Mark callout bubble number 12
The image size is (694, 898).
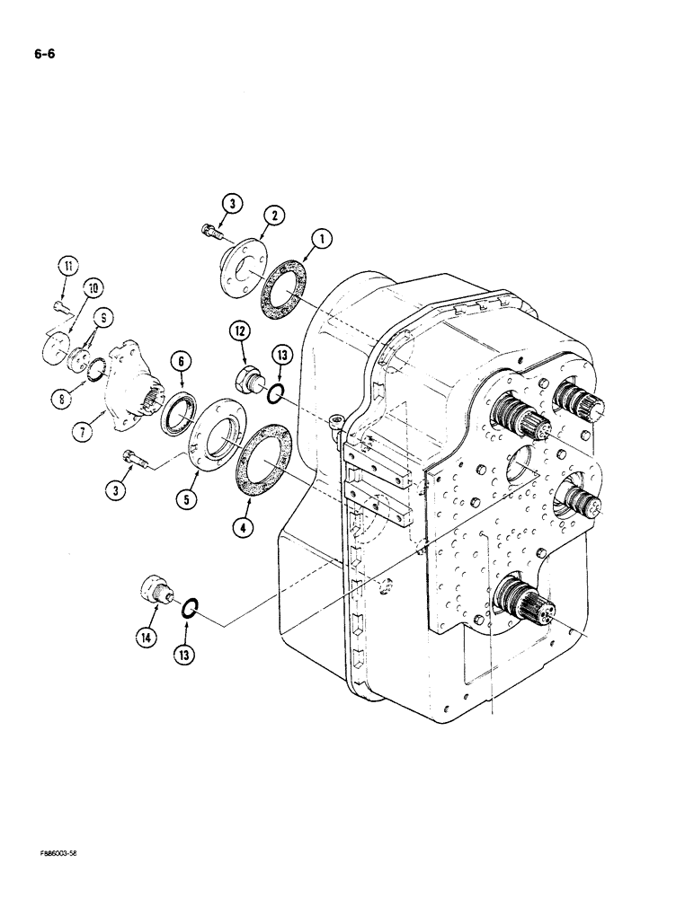coord(240,333)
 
